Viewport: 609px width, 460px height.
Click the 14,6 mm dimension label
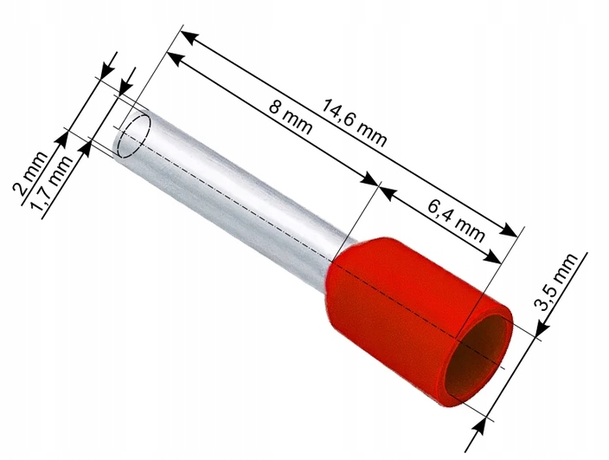354,123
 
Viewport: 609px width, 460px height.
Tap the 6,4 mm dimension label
457,221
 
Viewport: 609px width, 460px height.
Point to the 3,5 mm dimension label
556,282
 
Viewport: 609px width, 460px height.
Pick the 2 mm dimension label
30,173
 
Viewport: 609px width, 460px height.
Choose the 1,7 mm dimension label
52,183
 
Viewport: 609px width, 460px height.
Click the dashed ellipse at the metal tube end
134,136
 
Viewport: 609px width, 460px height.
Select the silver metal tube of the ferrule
229,202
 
